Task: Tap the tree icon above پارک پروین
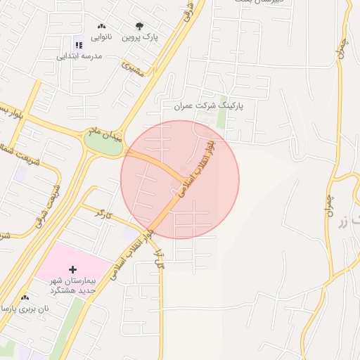(140, 26)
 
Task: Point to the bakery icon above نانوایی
(102, 26)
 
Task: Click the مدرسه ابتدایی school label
(79, 56)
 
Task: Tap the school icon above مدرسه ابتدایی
(78, 45)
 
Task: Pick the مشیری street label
(131, 67)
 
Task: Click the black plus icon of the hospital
(72, 269)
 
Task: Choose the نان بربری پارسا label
(25, 309)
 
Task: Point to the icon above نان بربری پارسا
(25, 297)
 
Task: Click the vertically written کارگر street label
(159, 258)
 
